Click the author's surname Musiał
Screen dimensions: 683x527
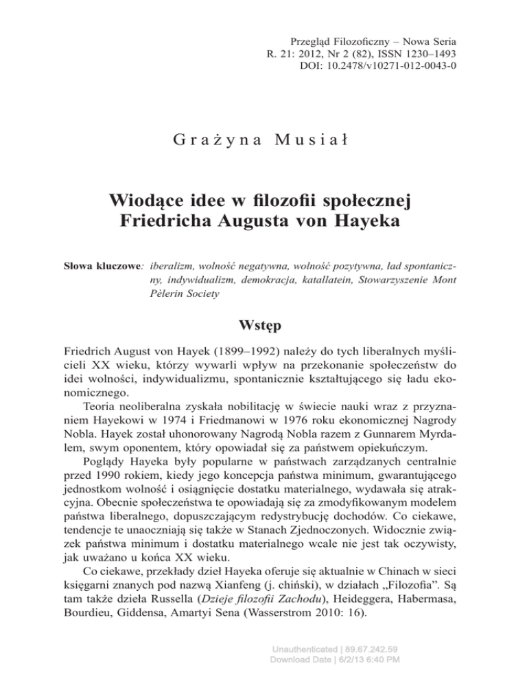click(313, 142)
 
